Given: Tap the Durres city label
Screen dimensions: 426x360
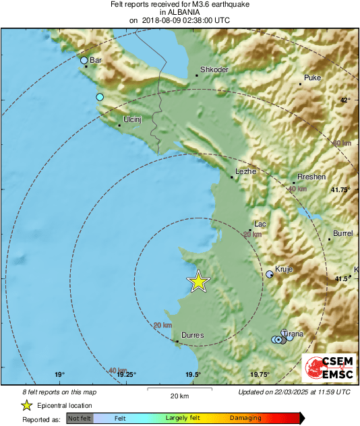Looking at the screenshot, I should pos(193,334).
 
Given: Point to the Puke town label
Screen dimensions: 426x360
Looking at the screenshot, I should pos(313,78).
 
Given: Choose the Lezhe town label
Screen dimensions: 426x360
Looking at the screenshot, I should pos(246,171).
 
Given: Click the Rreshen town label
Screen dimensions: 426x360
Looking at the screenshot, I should pos(311,177).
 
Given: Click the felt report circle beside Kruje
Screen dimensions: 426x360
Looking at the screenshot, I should pos(270,274).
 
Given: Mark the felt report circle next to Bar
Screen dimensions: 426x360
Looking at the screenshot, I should pos(84,61).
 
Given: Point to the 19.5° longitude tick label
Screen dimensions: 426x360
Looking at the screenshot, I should pos(193,375).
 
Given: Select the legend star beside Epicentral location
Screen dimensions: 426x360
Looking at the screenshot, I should pos(26,405).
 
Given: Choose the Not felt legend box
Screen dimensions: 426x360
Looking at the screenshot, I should pos(80,418).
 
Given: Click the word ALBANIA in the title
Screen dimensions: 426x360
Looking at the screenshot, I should pos(179,12).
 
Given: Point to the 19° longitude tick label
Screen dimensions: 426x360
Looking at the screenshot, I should pos(59,375).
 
